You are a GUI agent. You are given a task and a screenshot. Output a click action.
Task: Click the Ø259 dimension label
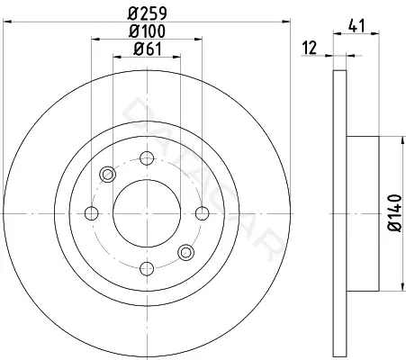coord(147,13)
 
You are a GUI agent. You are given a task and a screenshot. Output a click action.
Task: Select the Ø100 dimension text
coord(147,31)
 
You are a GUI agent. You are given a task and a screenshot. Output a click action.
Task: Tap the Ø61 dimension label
coord(148,49)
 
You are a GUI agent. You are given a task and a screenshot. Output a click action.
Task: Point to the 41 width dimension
coord(356,25)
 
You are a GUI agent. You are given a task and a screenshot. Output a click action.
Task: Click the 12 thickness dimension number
coord(310,48)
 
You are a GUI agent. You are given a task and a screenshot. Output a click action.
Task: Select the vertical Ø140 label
coord(395,213)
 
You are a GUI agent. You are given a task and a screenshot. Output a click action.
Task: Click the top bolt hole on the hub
coord(147,158)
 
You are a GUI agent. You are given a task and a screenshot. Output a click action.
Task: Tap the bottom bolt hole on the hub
coord(147,268)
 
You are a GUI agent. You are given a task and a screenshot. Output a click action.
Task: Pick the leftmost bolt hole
coord(92,213)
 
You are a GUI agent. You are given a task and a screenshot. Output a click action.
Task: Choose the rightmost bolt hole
coord(203,213)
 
